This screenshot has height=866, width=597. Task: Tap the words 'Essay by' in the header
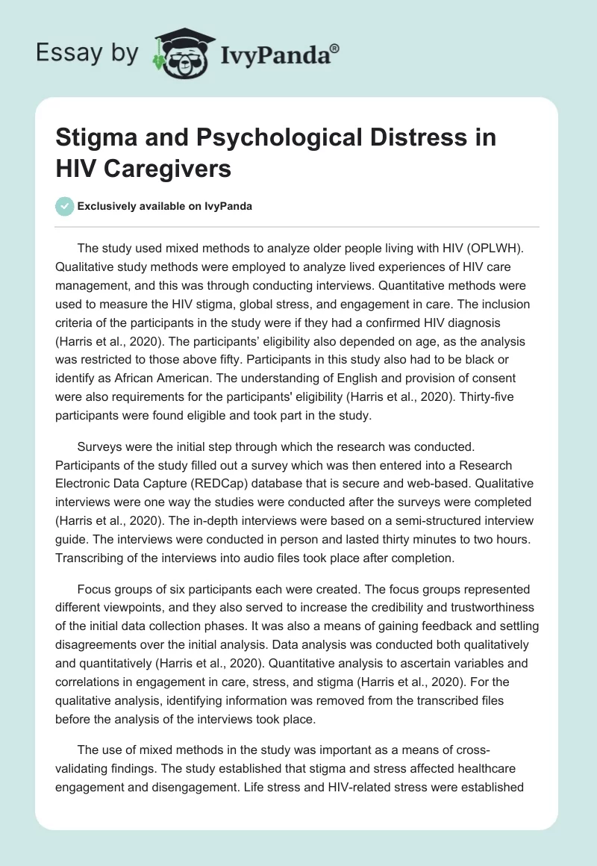88,53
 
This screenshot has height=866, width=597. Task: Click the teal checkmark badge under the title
65,205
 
